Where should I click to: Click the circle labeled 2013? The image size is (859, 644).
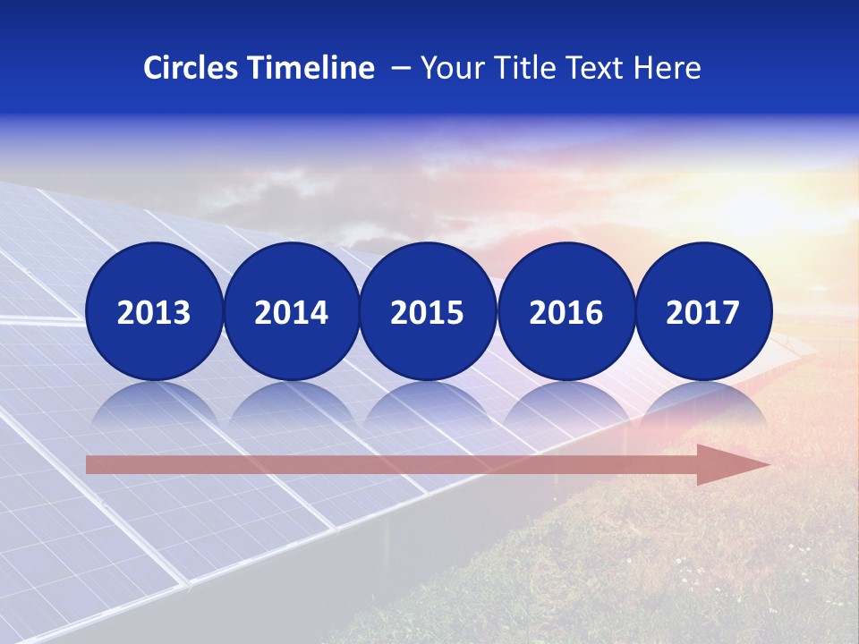(154, 311)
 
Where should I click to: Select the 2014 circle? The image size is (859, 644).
(291, 311)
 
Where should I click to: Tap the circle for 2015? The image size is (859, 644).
(428, 311)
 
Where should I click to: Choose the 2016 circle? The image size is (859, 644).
(566, 311)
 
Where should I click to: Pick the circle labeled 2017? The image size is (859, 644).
(702, 311)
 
